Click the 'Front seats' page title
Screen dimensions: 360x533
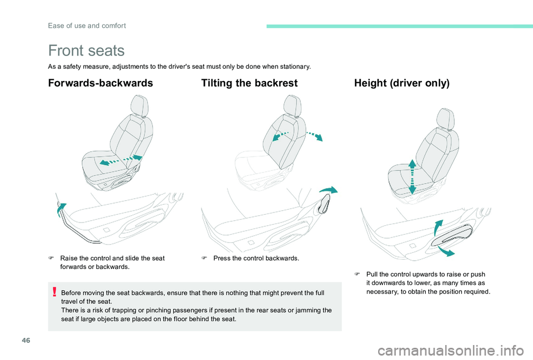(x=87, y=51)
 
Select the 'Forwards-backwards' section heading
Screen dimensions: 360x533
(x=100, y=83)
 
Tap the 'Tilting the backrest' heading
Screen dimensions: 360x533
(x=249, y=83)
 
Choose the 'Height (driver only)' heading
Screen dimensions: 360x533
(x=401, y=83)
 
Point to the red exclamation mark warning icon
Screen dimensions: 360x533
(x=54, y=292)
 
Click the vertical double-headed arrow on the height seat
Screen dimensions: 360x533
(x=412, y=176)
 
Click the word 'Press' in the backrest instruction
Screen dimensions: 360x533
(x=222, y=258)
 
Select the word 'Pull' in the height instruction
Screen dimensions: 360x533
(x=372, y=274)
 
